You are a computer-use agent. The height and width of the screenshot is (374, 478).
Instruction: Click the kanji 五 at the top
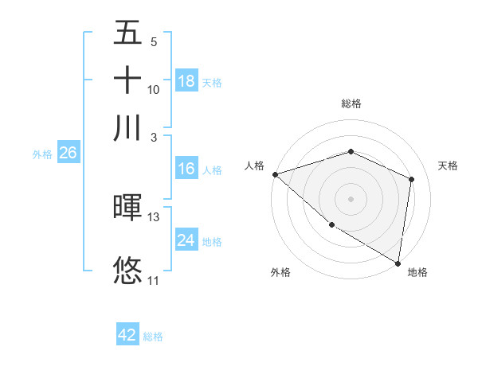(128, 33)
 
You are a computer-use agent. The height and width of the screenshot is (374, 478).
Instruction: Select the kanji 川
(128, 128)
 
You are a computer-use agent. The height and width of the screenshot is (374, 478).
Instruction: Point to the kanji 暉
(128, 208)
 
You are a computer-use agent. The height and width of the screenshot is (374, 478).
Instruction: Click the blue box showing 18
(186, 81)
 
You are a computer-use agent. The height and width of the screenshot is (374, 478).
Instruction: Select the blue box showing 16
(186, 169)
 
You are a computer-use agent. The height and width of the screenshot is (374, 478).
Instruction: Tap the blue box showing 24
(186, 240)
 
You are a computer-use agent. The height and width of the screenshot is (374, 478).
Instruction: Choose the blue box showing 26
(68, 154)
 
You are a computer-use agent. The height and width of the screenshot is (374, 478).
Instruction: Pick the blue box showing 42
(127, 335)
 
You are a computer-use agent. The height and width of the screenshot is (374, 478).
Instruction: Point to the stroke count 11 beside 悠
(153, 280)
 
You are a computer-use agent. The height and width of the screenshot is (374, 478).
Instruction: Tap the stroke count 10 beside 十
(154, 89)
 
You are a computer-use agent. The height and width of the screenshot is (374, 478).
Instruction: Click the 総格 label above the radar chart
(351, 104)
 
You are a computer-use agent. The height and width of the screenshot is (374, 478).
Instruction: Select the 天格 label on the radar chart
(448, 166)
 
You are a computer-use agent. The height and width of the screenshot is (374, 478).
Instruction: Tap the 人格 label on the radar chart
(254, 166)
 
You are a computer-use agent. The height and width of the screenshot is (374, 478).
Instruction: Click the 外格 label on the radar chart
(280, 272)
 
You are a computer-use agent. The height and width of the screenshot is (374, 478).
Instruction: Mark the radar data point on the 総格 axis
(351, 152)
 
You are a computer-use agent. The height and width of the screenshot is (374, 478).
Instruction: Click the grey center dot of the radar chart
(351, 198)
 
